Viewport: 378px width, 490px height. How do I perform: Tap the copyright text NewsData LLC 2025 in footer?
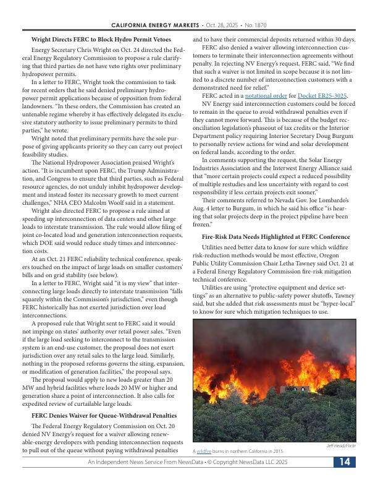click(259, 463)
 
